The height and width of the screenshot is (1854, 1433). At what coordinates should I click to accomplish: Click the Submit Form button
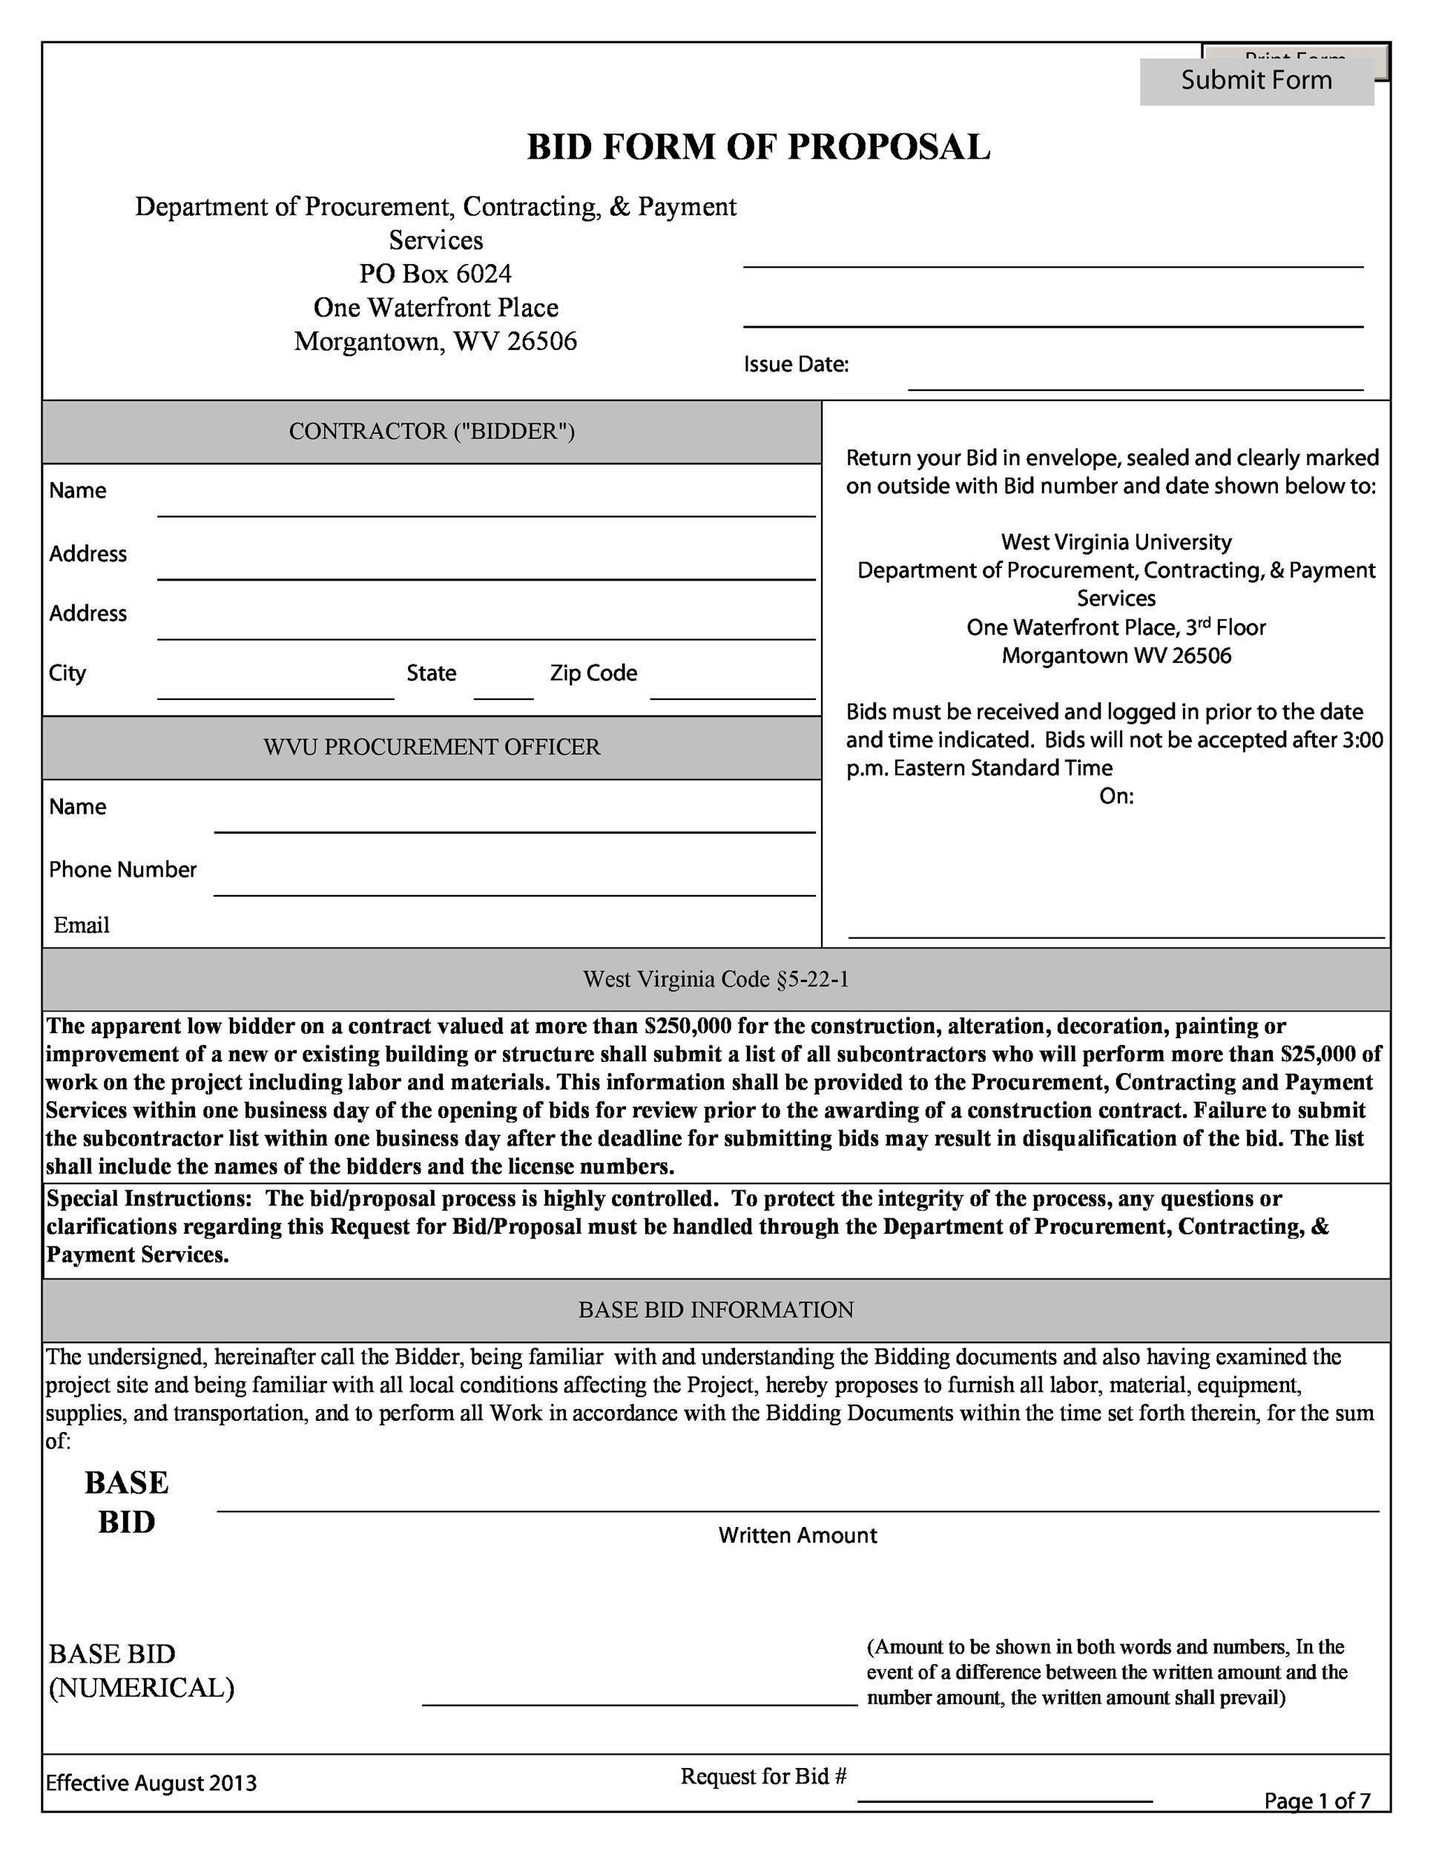coord(1256,82)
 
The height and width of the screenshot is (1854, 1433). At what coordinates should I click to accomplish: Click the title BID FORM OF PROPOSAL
coord(758,147)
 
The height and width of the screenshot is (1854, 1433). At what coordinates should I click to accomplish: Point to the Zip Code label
coord(593,673)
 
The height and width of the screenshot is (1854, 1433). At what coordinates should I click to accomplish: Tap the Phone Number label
coord(122,869)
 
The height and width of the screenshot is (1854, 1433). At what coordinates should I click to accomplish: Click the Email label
coord(82,926)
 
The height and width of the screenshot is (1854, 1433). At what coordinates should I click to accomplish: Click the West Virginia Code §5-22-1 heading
coord(716,980)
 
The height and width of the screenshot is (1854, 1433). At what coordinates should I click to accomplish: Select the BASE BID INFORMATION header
coord(716,1310)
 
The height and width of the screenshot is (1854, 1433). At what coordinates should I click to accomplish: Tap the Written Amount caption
coord(797,1535)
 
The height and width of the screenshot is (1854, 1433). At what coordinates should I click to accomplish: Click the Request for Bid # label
coord(763,1776)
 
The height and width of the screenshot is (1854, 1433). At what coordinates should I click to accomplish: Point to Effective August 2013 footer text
coord(151,1783)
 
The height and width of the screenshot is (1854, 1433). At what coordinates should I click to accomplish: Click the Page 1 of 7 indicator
coord(1317,1801)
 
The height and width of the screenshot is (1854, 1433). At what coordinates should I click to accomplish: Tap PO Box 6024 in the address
coord(435,274)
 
